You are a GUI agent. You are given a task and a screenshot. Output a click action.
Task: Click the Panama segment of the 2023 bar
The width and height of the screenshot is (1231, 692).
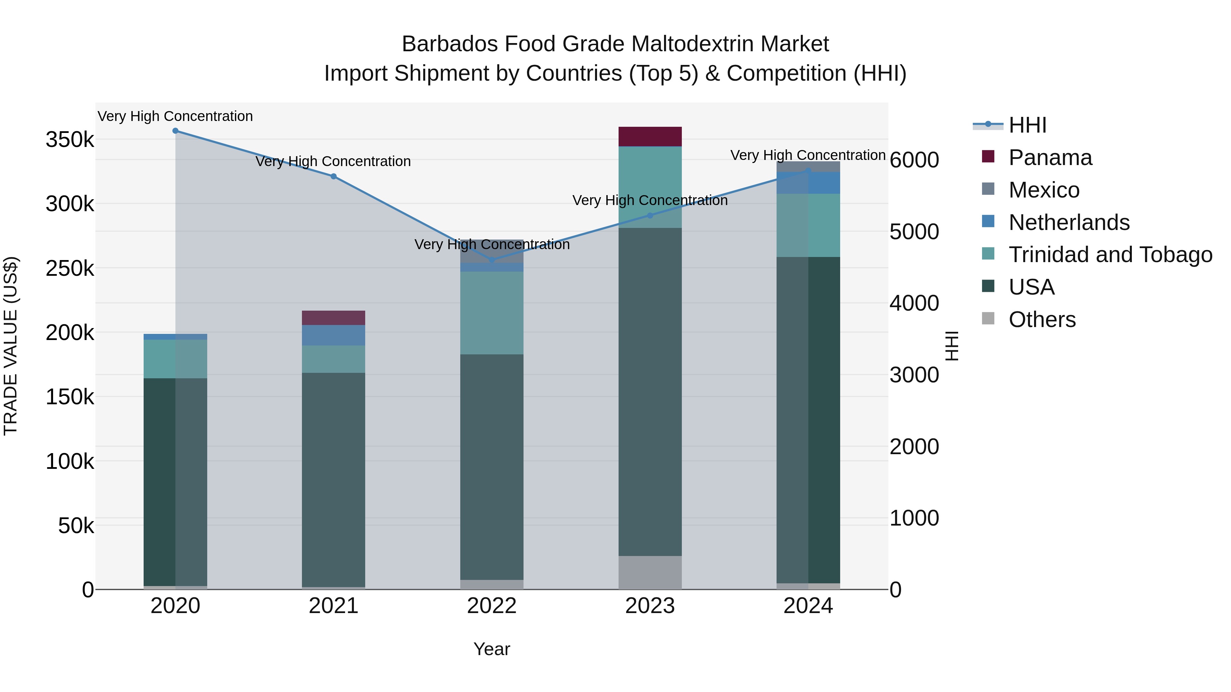tap(650, 137)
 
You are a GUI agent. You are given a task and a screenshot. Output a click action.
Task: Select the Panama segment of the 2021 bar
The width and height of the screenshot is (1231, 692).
tap(333, 317)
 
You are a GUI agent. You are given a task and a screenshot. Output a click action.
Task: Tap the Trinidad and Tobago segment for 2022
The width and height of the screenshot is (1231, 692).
tap(492, 313)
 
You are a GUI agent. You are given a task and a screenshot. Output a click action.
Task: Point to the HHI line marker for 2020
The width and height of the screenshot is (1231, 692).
tap(175, 131)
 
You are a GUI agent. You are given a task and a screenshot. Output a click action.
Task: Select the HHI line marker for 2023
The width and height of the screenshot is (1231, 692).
tap(650, 215)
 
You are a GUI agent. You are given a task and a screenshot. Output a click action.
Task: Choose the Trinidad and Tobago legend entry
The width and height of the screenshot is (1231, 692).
tap(1110, 255)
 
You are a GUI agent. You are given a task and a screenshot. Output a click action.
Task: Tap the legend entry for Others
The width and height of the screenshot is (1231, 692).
tap(1042, 320)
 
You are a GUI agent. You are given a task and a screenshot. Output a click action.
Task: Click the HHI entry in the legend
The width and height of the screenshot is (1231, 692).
tap(1028, 125)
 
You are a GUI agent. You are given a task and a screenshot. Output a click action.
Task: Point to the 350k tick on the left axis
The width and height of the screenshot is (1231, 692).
tap(70, 140)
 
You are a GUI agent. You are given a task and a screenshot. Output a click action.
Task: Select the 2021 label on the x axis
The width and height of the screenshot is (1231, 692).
tap(333, 606)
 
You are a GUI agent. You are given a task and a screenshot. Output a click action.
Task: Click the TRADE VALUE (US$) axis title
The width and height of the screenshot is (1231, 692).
tap(11, 346)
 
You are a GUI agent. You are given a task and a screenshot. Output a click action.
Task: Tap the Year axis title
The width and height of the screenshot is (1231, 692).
tap(492, 649)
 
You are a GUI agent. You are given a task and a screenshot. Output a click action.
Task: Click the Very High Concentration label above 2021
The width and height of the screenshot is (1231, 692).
tap(333, 161)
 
